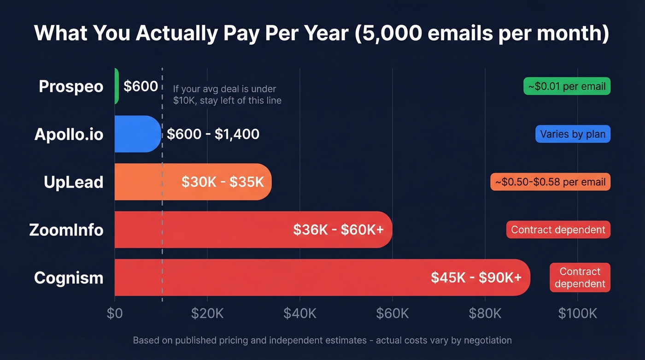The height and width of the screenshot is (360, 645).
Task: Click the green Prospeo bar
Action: pyautogui.click(x=117, y=86)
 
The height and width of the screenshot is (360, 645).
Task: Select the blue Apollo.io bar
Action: pyautogui.click(x=137, y=134)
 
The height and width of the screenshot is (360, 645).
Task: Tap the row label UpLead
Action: pyautogui.click(x=73, y=182)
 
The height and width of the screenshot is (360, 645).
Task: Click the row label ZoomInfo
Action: pyautogui.click(x=66, y=230)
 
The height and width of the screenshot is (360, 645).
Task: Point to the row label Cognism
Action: pyautogui.click(x=69, y=278)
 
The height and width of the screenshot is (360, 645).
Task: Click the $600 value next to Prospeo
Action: pyautogui.click(x=141, y=86)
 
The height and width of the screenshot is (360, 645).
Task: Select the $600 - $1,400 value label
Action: pyautogui.click(x=213, y=134)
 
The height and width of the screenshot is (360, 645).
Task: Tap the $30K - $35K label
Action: pyautogui.click(x=223, y=182)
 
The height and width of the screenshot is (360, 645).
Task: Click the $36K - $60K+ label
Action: pyautogui.click(x=338, y=230)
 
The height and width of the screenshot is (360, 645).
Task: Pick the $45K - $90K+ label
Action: pyautogui.click(x=476, y=277)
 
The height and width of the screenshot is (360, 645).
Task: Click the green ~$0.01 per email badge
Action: pyautogui.click(x=567, y=86)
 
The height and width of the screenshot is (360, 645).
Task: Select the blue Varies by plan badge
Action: pyautogui.click(x=573, y=134)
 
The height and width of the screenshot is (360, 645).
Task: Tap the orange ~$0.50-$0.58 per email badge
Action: pyautogui.click(x=550, y=182)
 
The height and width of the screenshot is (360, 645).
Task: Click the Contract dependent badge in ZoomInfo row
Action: pyautogui.click(x=558, y=230)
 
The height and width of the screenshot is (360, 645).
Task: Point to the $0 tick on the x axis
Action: pyautogui.click(x=115, y=313)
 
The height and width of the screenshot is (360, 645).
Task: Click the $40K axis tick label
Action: pyautogui.click(x=300, y=313)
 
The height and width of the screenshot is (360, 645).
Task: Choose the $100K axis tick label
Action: pyautogui.click(x=577, y=313)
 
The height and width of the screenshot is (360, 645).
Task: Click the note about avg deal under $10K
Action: pyautogui.click(x=227, y=94)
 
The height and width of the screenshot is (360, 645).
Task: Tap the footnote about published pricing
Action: pyautogui.click(x=322, y=341)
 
